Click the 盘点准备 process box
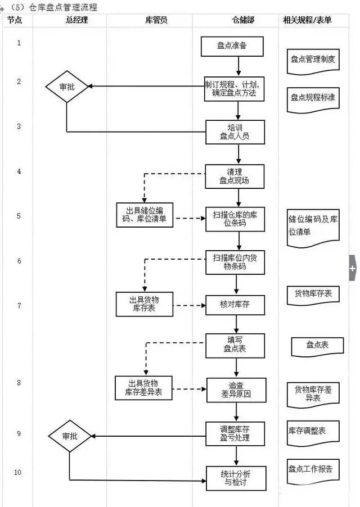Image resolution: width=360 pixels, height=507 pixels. click(x=232, y=46)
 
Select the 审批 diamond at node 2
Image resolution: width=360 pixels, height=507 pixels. click(x=67, y=87)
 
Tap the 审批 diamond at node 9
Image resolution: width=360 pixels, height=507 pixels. click(x=70, y=436)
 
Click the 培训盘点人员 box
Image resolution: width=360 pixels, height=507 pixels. click(x=235, y=131)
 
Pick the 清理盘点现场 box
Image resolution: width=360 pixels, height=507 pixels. click(x=235, y=176)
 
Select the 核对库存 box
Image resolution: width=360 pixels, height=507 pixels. click(x=235, y=306)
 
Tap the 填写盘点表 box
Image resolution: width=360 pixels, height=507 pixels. click(x=235, y=345)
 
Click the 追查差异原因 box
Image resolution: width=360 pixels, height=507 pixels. click(x=236, y=390)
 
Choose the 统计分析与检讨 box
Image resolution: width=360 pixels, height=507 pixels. click(x=236, y=478)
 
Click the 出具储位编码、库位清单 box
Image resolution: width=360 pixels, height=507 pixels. click(x=145, y=215)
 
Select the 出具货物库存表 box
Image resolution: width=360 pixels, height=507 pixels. click(x=144, y=304)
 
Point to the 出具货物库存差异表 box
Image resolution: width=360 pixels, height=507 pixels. click(x=143, y=388)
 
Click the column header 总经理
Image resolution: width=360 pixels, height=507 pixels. click(x=77, y=20)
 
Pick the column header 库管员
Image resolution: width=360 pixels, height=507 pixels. click(x=156, y=20)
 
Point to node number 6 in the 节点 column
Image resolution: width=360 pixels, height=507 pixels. click(x=19, y=261)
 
